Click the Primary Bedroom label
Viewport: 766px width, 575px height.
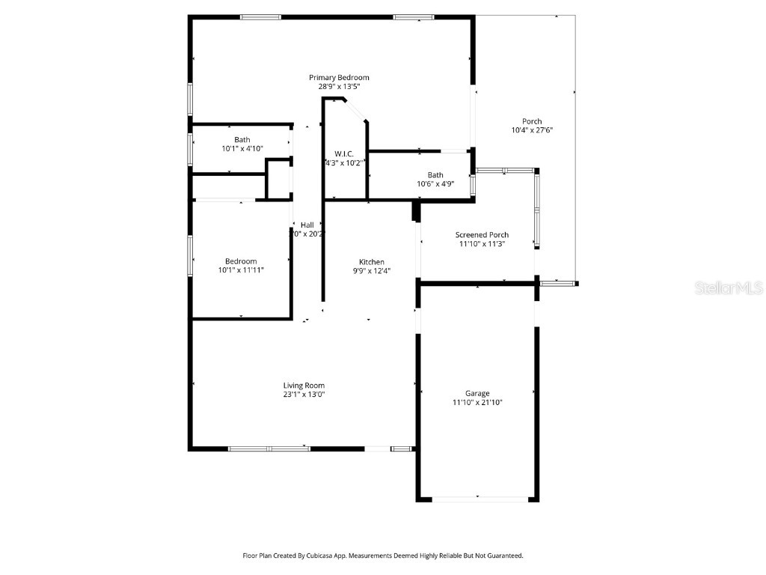(x=339, y=78)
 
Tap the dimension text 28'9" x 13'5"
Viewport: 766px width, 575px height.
(x=339, y=87)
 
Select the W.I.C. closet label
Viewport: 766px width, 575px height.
(x=344, y=153)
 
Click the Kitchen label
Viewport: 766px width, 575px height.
(x=372, y=262)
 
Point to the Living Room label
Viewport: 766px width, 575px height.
(x=304, y=386)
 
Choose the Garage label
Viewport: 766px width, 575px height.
(x=477, y=394)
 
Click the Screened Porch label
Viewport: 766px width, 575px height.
(x=482, y=235)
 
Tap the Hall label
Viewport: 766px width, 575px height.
(x=307, y=225)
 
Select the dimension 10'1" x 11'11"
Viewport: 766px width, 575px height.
(x=241, y=270)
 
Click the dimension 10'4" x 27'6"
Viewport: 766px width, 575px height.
(x=532, y=130)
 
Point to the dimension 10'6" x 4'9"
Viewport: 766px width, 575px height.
(x=435, y=184)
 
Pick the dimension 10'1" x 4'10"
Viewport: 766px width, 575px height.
(x=242, y=149)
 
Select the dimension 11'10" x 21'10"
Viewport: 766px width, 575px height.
(x=477, y=403)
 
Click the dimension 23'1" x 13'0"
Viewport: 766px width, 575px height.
(x=304, y=395)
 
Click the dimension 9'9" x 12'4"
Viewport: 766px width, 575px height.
(x=372, y=271)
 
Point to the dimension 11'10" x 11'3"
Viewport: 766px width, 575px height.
(x=482, y=244)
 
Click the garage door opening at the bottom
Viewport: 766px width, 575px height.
(x=477, y=499)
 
